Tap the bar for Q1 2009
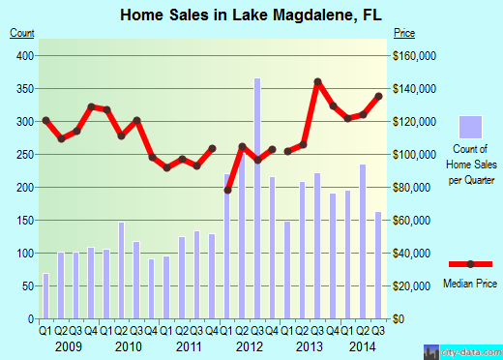45,295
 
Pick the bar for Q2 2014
363,241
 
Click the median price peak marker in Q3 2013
317,81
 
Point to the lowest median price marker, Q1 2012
227,190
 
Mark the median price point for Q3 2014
378,96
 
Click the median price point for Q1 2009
45,120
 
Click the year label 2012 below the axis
250,345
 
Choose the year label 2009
68,345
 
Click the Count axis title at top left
22,33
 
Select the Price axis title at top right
404,33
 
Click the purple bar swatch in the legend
469,127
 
